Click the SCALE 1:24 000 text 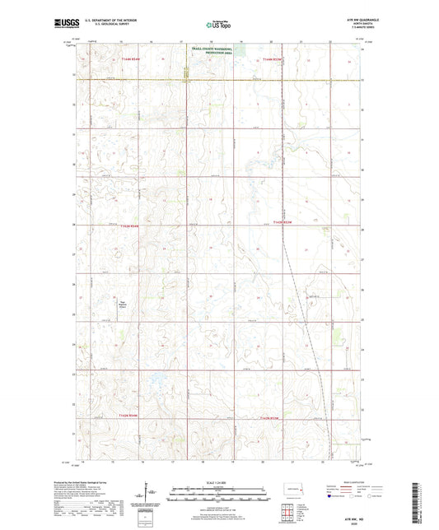218,484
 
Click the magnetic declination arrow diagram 146,497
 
